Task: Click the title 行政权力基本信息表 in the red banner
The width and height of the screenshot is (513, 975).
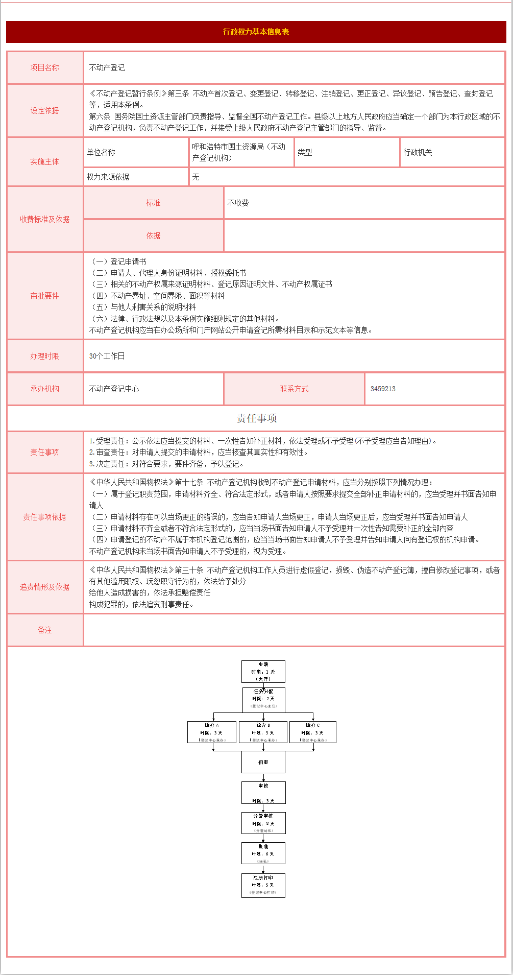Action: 256,32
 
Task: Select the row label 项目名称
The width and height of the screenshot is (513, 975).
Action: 44,67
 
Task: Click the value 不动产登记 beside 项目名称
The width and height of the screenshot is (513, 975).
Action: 107,67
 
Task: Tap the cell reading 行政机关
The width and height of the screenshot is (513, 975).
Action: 418,152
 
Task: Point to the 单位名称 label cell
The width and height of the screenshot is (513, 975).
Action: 101,152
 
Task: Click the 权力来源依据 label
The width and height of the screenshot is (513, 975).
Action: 108,177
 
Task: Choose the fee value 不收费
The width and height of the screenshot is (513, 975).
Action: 238,203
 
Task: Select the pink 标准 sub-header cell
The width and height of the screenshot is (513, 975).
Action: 153,203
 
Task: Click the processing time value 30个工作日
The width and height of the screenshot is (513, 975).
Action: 107,356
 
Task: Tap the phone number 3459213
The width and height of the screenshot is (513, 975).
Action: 383,389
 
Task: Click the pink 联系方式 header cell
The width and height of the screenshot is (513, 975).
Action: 294,389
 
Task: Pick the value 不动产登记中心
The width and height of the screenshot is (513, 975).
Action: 114,389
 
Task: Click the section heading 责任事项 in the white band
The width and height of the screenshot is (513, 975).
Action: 256,418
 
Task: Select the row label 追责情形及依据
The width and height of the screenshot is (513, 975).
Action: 44,587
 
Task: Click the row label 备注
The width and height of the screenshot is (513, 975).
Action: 44,630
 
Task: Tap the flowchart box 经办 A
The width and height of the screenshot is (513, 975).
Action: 212,732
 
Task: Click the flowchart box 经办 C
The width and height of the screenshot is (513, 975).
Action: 313,732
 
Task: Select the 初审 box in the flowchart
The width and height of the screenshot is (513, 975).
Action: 263,762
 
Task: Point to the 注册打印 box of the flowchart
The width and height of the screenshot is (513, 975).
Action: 263,885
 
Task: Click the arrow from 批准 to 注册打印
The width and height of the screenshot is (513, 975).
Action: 263,869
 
